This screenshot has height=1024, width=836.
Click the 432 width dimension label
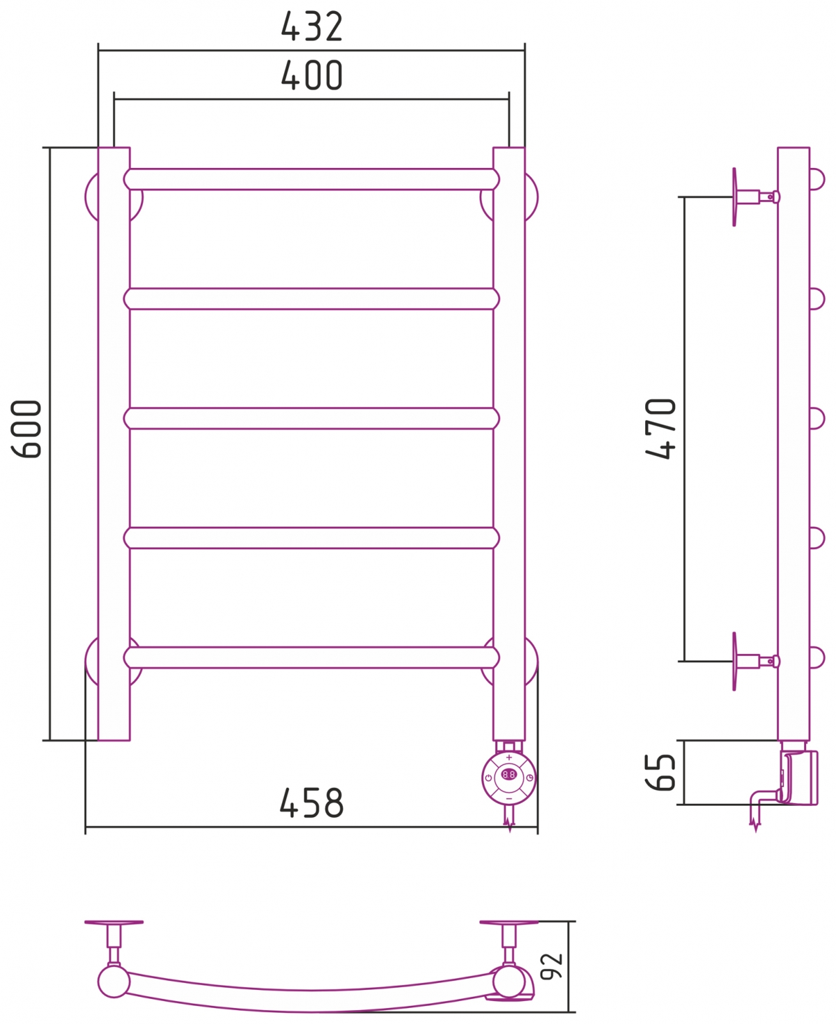click(311, 27)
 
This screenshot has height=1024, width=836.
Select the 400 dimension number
click(311, 76)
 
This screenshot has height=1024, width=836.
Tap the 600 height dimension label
click(27, 428)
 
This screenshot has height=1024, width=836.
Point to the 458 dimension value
click(311, 804)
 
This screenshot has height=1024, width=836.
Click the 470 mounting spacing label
click(660, 428)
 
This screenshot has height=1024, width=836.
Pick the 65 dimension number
click(660, 772)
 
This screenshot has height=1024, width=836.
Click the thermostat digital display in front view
click(509, 774)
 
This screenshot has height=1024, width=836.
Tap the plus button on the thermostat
click(509, 758)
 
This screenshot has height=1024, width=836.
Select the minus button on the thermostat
click(509, 797)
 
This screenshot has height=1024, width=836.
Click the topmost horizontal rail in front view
click(311, 179)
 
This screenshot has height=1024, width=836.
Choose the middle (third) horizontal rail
click(311, 418)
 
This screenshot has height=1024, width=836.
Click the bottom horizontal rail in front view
click(311, 657)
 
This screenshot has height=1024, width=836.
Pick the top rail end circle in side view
click(816, 179)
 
